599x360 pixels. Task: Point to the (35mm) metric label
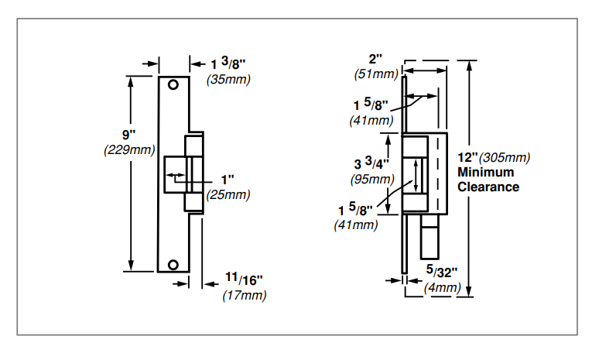coord(228,79)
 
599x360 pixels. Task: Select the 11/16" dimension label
coord(243,279)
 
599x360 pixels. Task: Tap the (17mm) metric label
coord(245,295)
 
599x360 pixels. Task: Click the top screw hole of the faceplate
coord(176,84)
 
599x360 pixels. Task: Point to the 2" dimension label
coord(375,60)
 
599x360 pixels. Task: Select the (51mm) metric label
coord(375,74)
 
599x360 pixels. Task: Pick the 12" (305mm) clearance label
coord(494,157)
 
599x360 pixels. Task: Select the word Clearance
coord(488,187)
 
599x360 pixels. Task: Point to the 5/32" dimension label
coord(442,272)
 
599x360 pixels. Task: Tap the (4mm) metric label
coord(443,288)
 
